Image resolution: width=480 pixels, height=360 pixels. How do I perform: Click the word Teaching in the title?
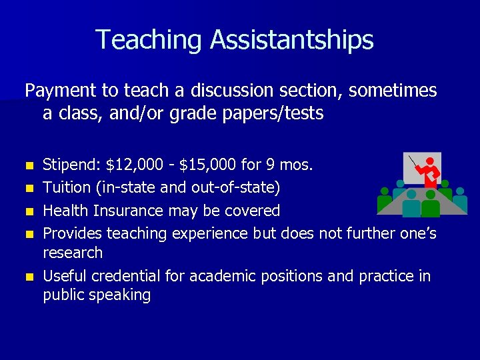coord(150,40)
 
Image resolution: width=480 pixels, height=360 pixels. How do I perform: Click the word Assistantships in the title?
coord(292,40)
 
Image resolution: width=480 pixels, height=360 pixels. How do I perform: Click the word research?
coord(73,253)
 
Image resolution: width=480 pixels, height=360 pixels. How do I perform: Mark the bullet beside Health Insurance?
coord(29,211)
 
